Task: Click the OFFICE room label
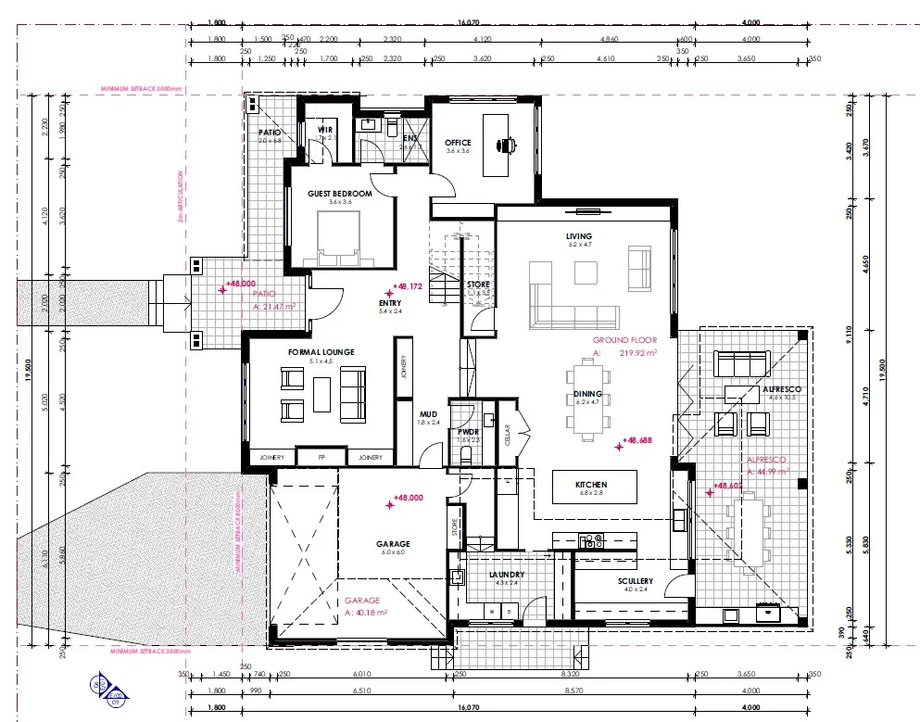coord(460,142)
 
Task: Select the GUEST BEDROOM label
coord(339,194)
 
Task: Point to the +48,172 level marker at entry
coord(408,287)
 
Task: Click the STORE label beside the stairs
coord(478,285)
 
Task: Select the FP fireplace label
coord(321,457)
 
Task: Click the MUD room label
coord(428,414)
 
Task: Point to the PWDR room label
coord(467,431)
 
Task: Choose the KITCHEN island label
coord(591,485)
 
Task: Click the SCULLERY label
coord(637,581)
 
